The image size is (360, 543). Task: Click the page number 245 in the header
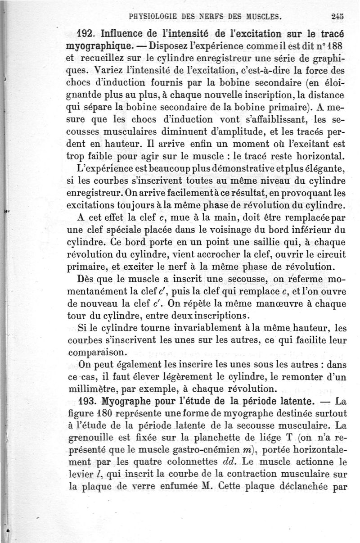(x=337, y=18)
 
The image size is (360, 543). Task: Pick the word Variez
(x=106, y=70)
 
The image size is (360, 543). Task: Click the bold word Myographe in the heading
(x=127, y=400)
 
